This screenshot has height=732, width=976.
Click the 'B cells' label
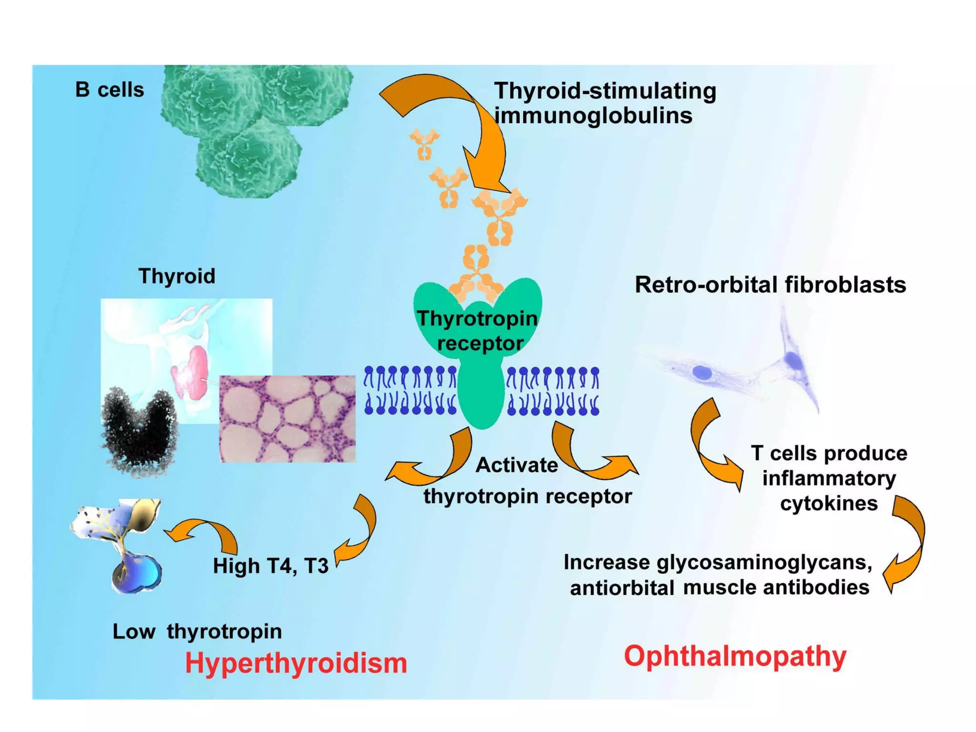[110, 90]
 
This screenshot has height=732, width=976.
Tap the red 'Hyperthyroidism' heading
[296, 663]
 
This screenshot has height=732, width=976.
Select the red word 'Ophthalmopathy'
[735, 656]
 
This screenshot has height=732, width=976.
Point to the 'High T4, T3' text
[271, 566]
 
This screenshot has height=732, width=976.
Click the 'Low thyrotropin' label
[197, 631]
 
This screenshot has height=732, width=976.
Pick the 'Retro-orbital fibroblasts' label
[770, 285]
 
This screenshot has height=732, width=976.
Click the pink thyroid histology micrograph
[287, 418]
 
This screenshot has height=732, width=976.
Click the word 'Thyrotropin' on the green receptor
[477, 318]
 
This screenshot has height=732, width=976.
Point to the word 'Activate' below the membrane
[517, 465]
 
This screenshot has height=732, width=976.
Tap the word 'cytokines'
[829, 503]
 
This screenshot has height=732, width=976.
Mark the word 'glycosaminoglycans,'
[764, 562]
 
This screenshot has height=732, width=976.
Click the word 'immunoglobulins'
[593, 115]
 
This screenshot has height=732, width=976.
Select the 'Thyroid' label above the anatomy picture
[177, 276]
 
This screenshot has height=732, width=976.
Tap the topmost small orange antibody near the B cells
[424, 143]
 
